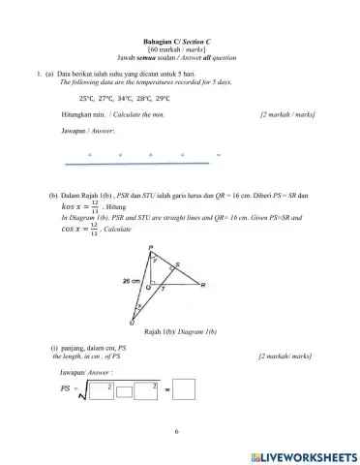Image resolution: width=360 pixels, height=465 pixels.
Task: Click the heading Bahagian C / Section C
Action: tap(180, 40)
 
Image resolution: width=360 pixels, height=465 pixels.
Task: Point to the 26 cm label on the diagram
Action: tap(132, 280)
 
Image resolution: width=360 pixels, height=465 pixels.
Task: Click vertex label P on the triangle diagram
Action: tap(152, 249)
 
